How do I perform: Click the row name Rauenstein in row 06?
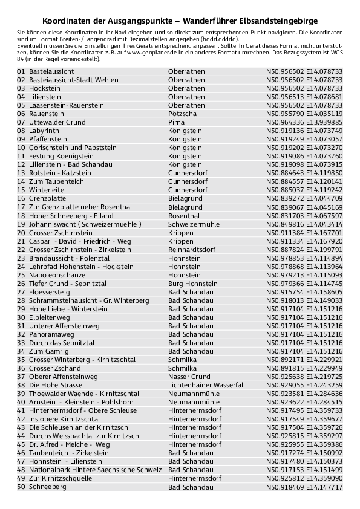point(46,114)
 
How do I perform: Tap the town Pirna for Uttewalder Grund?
point(177,122)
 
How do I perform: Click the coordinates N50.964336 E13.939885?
point(304,122)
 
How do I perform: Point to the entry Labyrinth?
point(44,131)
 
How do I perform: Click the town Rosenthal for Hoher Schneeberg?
point(183,215)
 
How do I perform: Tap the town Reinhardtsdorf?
point(191,249)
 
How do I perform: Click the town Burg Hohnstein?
point(192,283)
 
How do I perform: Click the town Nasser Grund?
point(189,377)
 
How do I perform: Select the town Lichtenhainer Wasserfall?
point(206,385)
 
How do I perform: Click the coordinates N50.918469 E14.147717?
point(304,487)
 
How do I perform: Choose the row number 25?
point(21,274)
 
